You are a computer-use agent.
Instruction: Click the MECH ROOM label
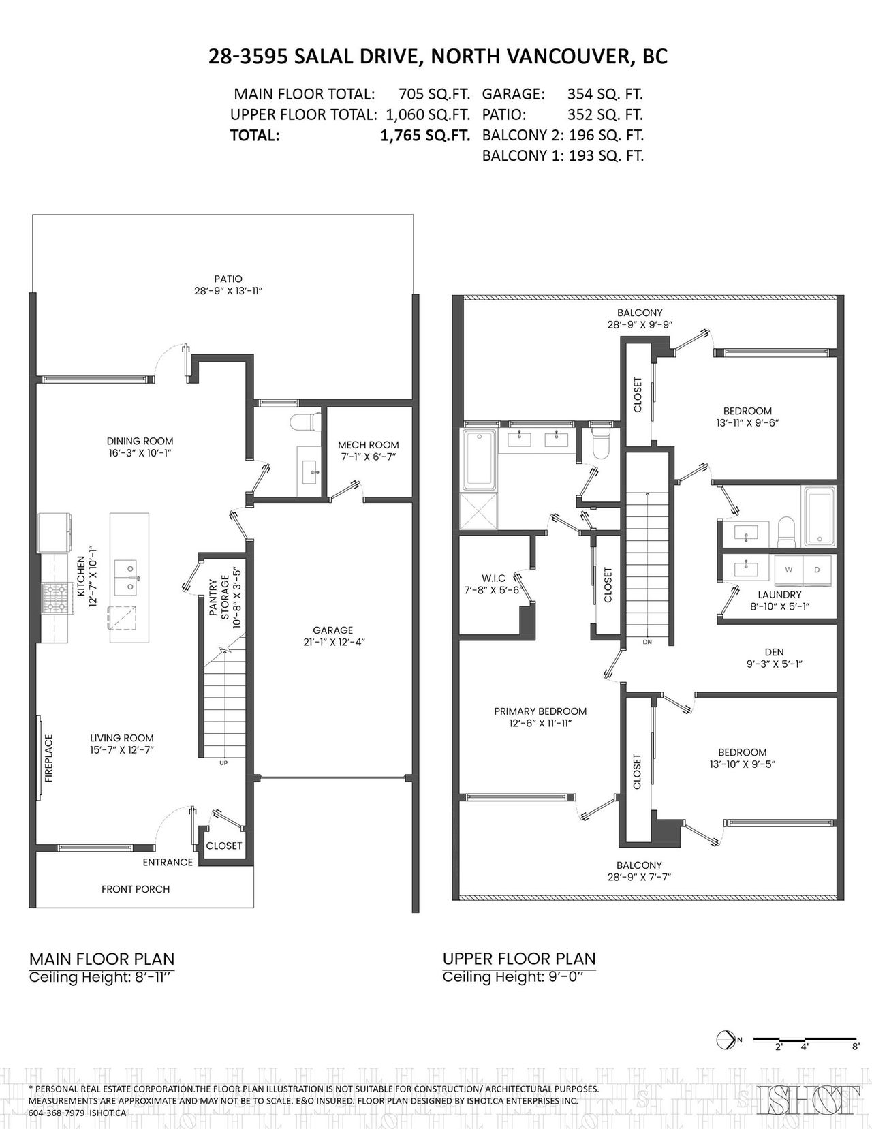(x=369, y=445)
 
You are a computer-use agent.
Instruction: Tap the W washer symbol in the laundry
(x=788, y=570)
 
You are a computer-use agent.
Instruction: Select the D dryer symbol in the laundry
(x=817, y=570)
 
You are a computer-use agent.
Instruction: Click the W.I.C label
(x=493, y=578)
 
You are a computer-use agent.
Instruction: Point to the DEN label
(x=774, y=652)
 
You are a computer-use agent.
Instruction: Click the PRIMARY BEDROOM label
(x=540, y=711)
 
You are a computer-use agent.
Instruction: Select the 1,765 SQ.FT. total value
(x=425, y=136)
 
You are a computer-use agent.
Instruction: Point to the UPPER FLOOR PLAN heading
(x=519, y=959)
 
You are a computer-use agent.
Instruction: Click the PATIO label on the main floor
(x=228, y=279)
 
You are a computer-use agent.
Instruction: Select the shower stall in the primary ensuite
(x=478, y=511)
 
